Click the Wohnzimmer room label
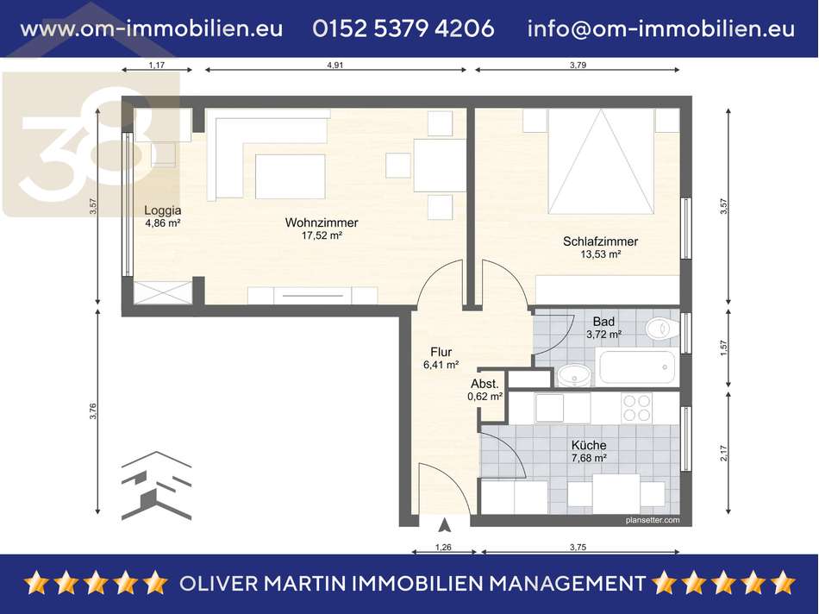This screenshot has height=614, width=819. (322, 222)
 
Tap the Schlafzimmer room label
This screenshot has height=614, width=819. (600, 241)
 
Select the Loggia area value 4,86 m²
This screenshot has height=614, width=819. (163, 223)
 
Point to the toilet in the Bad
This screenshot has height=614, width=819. (661, 329)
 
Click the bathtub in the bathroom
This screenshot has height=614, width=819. (637, 367)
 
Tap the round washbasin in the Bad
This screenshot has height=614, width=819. (574, 374)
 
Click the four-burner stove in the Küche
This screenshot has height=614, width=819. (637, 408)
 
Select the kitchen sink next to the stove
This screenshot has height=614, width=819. (549, 408)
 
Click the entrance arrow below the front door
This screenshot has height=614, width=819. (445, 524)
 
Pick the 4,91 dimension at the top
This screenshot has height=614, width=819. (334, 65)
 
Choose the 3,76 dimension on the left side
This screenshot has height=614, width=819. (93, 411)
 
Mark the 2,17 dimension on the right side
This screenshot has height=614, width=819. (724, 453)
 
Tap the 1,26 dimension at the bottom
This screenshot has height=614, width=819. (443, 547)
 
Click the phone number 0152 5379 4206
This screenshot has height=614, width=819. (403, 28)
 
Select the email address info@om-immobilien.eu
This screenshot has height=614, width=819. (661, 28)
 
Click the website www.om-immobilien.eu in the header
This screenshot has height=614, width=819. (152, 28)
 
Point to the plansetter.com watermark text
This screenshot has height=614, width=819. (653, 520)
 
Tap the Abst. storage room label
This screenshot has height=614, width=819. (485, 384)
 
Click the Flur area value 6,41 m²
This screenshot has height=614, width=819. (441, 365)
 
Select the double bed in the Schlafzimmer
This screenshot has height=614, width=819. (601, 161)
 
